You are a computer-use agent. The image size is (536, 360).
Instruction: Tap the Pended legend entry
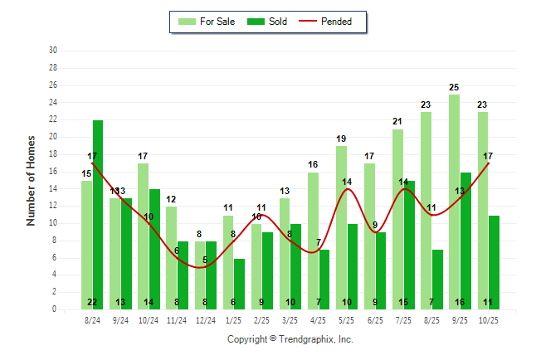point(330,22)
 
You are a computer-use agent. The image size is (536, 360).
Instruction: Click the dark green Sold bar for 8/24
point(98,215)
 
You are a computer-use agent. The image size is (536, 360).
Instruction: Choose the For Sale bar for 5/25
point(341,227)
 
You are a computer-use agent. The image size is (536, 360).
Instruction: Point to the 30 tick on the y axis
point(53,51)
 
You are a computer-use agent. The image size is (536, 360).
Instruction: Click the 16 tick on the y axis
point(53,172)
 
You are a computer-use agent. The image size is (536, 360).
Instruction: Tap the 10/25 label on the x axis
point(488,319)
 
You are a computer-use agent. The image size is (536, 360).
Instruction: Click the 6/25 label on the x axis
point(375,319)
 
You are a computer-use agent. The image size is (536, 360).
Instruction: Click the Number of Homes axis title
point(31,180)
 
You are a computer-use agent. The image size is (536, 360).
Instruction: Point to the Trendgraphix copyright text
point(290,339)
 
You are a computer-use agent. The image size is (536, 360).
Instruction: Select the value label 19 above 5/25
point(341,139)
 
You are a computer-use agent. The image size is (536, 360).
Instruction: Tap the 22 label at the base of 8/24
point(92,302)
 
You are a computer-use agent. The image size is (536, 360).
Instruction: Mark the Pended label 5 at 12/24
point(205,260)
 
